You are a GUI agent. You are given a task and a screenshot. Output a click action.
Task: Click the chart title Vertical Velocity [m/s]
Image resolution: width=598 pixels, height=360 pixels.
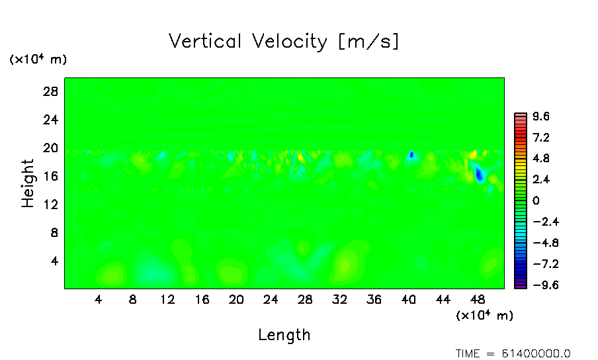[284, 42]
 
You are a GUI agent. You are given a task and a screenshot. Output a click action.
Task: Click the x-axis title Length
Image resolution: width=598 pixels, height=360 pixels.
[284, 335]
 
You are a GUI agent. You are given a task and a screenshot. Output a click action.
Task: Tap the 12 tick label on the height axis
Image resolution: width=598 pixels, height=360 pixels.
[52, 204]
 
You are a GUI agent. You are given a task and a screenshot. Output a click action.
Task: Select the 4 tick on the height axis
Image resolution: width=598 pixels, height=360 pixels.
[56, 261]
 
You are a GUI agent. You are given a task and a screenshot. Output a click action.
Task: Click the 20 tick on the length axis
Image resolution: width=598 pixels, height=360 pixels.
[236, 300]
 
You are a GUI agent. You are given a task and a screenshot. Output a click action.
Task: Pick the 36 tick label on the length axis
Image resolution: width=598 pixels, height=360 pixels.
[374, 300]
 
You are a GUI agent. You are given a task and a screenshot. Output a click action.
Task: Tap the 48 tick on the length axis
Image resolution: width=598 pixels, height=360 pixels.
[477, 300]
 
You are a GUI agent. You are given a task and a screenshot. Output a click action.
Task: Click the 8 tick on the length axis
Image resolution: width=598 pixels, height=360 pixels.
[133, 300]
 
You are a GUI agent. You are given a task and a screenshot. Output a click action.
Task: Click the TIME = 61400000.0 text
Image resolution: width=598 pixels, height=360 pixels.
[513, 353]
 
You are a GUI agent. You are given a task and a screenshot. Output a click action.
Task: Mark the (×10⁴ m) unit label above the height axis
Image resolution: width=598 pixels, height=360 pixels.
[38, 60]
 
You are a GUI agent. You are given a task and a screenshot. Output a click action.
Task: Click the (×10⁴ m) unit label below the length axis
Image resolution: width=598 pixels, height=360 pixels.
[484, 316]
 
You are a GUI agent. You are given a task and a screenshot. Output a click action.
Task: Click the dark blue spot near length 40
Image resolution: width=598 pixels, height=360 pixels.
[411, 155]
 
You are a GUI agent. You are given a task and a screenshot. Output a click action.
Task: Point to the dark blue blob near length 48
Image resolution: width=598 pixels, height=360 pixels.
[479, 175]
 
